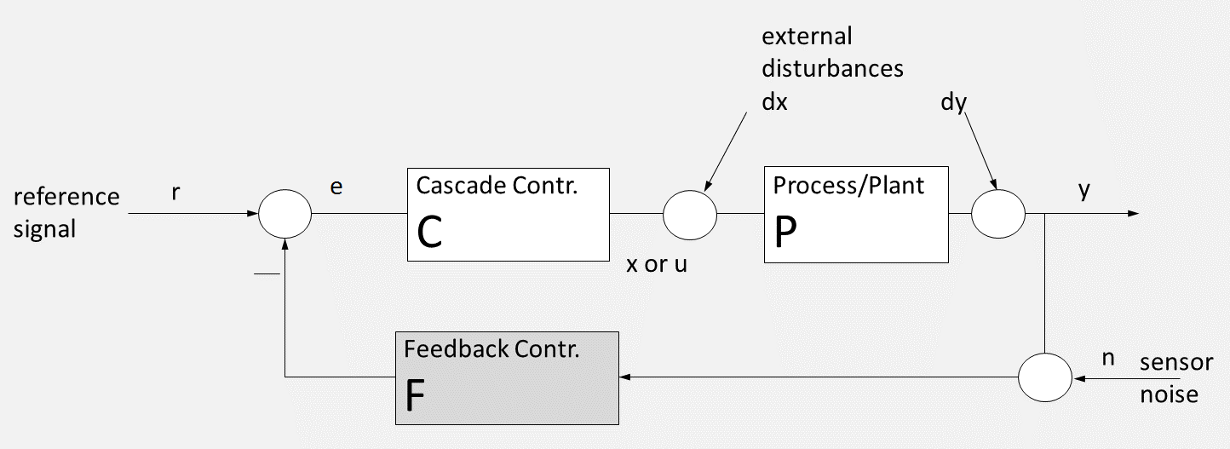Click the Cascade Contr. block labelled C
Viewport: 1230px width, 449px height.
click(509, 214)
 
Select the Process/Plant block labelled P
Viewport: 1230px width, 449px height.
click(856, 214)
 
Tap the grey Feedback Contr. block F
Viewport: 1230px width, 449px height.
click(507, 377)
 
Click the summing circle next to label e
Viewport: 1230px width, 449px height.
click(285, 213)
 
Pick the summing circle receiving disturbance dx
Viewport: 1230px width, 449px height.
click(690, 214)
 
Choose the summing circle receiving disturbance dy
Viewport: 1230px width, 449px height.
click(998, 214)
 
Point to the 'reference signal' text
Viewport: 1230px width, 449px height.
click(66, 213)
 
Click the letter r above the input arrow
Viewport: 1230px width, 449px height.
click(175, 192)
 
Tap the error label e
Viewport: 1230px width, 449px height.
click(336, 188)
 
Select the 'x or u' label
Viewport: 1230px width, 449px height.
click(657, 264)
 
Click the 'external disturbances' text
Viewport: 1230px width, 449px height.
click(831, 53)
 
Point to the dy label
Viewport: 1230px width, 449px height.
click(953, 102)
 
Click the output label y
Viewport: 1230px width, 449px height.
click(1084, 189)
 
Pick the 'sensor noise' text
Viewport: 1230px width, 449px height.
click(1176, 378)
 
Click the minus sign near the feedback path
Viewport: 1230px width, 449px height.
click(267, 274)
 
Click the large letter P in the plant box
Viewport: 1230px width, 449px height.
click(786, 232)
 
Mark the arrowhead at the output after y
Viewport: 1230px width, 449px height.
click(1133, 213)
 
